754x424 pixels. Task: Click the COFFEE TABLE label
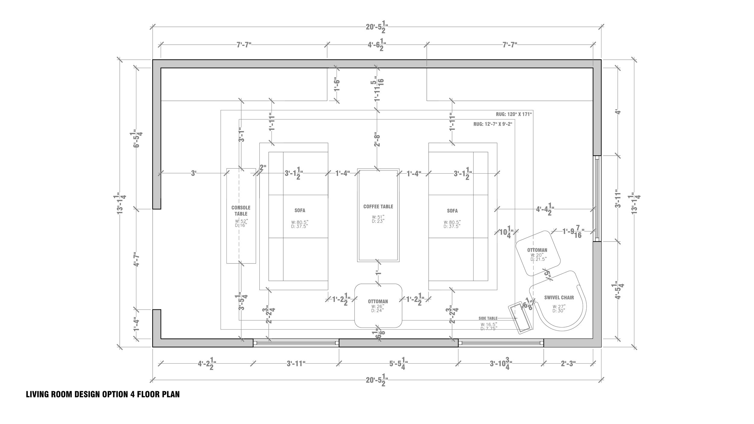[378, 207]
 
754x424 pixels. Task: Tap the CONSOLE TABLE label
[241, 210]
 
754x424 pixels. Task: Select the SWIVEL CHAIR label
[559, 298]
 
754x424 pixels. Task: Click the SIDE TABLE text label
[487, 318]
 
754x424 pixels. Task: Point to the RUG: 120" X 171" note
[514, 114]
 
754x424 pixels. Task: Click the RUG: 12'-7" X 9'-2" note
[493, 124]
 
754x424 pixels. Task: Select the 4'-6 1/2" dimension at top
[377, 45]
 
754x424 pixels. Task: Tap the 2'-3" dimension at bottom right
[568, 364]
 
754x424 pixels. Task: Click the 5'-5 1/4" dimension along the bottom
[398, 364]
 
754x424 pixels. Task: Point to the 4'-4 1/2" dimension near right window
[545, 209]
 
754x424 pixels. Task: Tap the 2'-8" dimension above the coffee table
[377, 139]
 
